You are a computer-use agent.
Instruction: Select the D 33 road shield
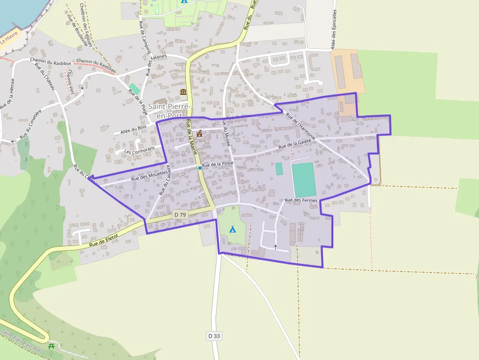click(214, 336)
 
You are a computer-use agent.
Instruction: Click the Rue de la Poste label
click(218, 165)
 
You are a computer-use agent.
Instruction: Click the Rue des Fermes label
click(301, 200)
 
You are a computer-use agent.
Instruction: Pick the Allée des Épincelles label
click(334, 29)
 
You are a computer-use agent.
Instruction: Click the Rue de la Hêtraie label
click(7, 93)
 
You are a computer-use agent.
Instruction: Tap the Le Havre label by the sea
click(9, 38)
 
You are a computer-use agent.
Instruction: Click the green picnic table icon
click(51, 346)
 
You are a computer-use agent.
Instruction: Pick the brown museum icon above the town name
click(183, 92)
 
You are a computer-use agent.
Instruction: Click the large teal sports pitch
click(304, 180)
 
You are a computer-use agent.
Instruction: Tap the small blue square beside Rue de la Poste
click(199, 168)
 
